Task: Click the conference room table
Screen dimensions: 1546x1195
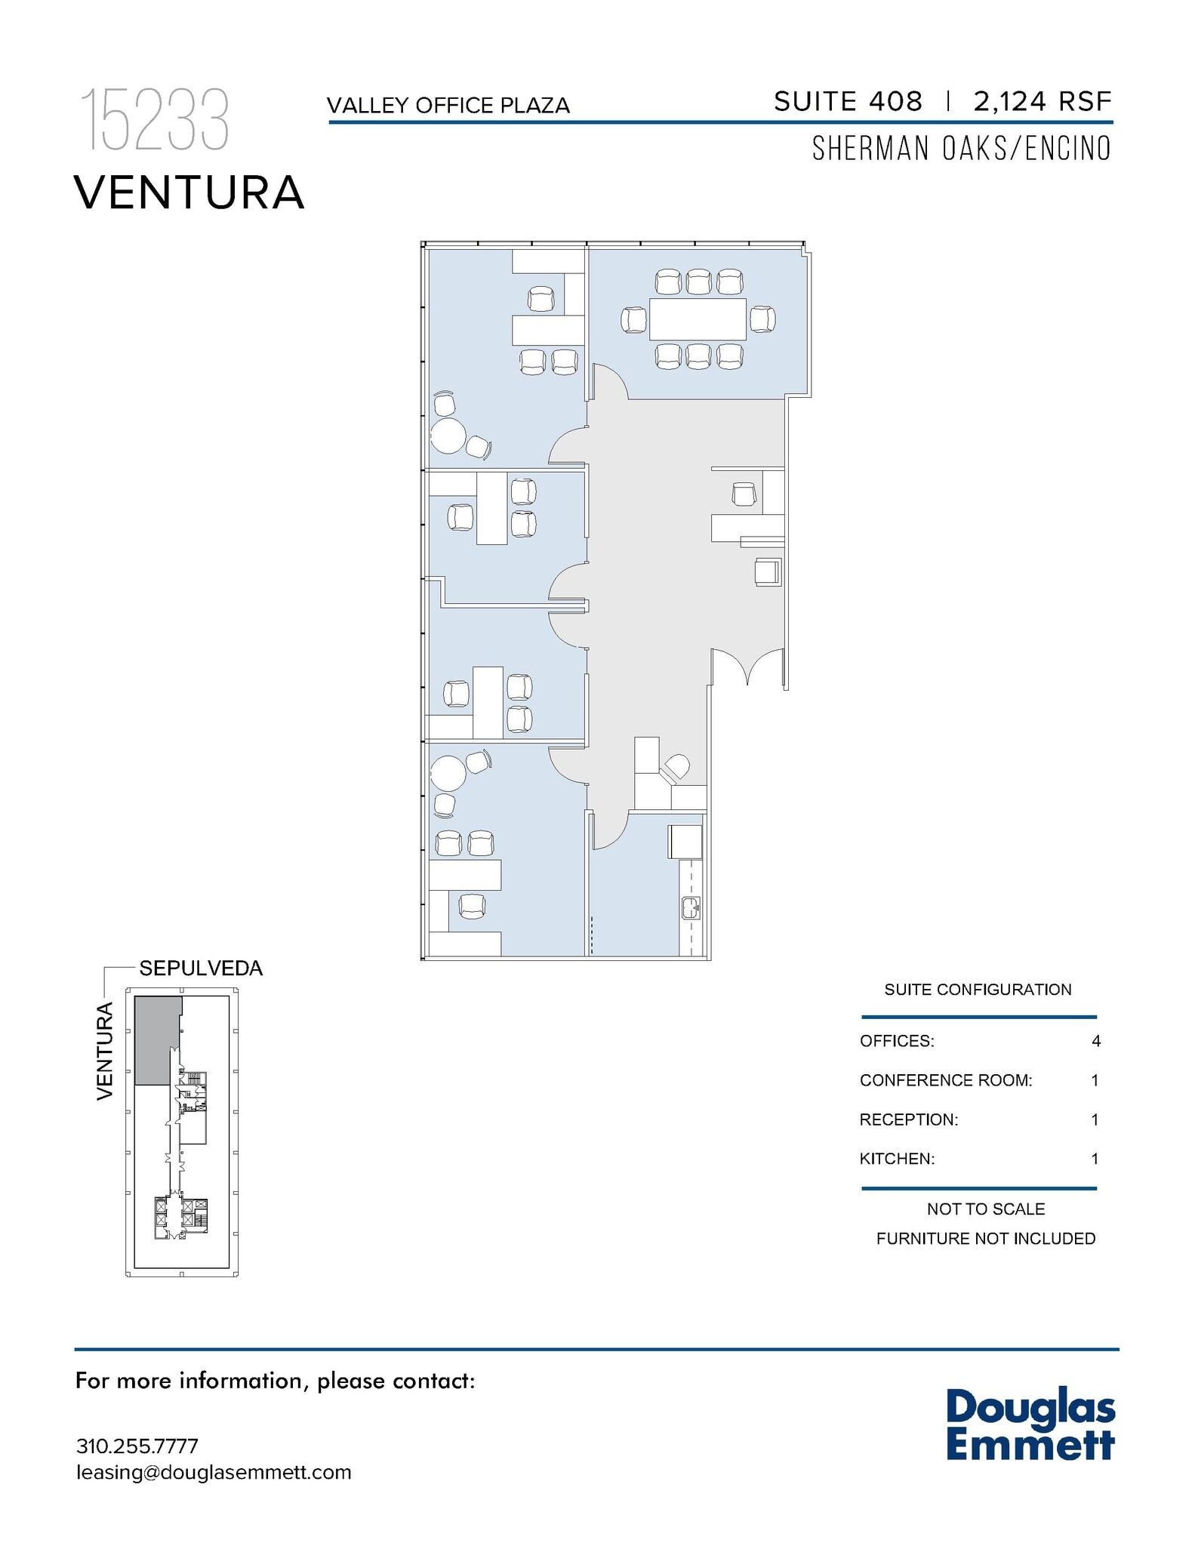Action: (x=698, y=319)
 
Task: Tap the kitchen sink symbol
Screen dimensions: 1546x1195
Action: (x=691, y=907)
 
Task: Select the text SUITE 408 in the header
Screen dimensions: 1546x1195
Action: (x=848, y=101)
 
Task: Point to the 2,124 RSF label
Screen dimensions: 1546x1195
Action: (x=1043, y=101)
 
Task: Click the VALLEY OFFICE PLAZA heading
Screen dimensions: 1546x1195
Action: (x=448, y=106)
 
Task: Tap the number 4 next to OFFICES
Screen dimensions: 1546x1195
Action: (x=1095, y=1042)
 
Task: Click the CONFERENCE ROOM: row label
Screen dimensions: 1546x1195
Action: (x=945, y=1081)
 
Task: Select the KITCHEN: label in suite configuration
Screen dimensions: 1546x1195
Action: (x=897, y=1159)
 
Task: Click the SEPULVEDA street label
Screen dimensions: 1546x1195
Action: (x=201, y=969)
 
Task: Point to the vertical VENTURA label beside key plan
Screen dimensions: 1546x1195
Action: (x=105, y=1051)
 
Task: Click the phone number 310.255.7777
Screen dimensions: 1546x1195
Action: (x=137, y=1446)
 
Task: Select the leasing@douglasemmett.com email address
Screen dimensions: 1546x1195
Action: (x=214, y=1472)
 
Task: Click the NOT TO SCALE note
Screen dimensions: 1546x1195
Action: (x=985, y=1209)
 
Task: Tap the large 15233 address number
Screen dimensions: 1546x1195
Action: (x=154, y=119)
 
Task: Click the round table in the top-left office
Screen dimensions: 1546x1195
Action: (x=448, y=436)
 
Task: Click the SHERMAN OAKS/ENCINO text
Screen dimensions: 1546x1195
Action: (x=961, y=149)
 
